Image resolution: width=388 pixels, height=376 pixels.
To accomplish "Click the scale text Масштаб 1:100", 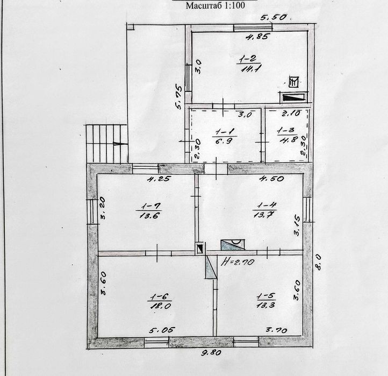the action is click(x=215, y=5).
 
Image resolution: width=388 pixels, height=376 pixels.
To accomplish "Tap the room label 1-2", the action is click(x=248, y=59).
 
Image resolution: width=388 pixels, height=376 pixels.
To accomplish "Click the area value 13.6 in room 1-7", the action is click(x=148, y=216).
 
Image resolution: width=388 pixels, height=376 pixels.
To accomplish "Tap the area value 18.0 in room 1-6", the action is click(x=161, y=306).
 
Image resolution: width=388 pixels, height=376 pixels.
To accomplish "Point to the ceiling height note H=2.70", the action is click(x=238, y=262).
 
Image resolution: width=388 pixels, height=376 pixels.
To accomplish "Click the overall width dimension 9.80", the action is click(x=211, y=353).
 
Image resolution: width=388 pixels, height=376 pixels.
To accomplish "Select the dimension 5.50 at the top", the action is click(x=273, y=17).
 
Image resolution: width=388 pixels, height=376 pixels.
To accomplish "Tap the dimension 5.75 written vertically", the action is click(x=178, y=97).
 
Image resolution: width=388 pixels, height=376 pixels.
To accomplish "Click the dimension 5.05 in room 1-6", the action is click(x=162, y=330).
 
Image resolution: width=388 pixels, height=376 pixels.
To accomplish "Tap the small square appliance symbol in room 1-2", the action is click(x=294, y=82).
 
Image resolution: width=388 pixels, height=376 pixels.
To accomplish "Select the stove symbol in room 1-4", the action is click(x=233, y=244).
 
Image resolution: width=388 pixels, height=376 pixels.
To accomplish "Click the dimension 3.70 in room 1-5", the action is click(x=276, y=330).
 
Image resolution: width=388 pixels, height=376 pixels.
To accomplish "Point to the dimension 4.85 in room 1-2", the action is click(x=256, y=37).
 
